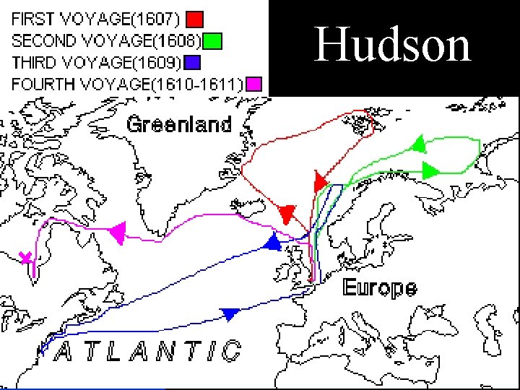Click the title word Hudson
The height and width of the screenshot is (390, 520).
click(393, 44)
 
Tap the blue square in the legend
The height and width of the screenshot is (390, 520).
click(191, 61)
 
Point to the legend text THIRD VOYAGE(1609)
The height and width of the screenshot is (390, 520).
click(96, 61)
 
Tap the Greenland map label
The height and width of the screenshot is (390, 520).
click(179, 124)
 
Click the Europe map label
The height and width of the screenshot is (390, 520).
click(379, 288)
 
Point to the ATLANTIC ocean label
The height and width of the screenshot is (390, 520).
click(148, 352)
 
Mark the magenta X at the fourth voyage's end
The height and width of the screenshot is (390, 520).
click(26, 258)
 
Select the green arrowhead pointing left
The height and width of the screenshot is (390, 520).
click(417, 144)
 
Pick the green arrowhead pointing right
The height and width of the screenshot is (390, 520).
click(430, 170)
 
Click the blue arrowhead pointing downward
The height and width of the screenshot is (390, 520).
click(230, 314)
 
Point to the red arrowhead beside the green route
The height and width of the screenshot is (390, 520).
click(320, 181)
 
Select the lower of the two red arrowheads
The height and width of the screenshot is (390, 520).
click(287, 214)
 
